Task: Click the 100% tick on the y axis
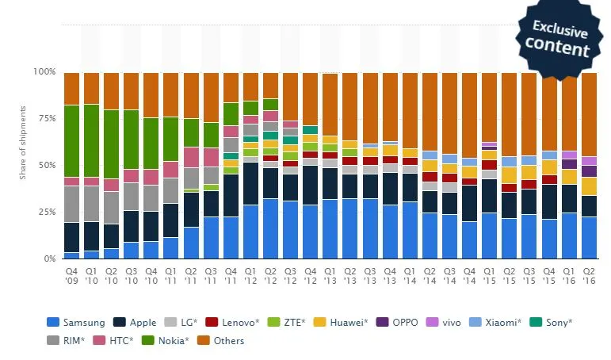[x=45, y=72]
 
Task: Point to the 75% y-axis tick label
[x=47, y=119]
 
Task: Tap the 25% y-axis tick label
[x=47, y=213]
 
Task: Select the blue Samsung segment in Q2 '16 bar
[x=589, y=238]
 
